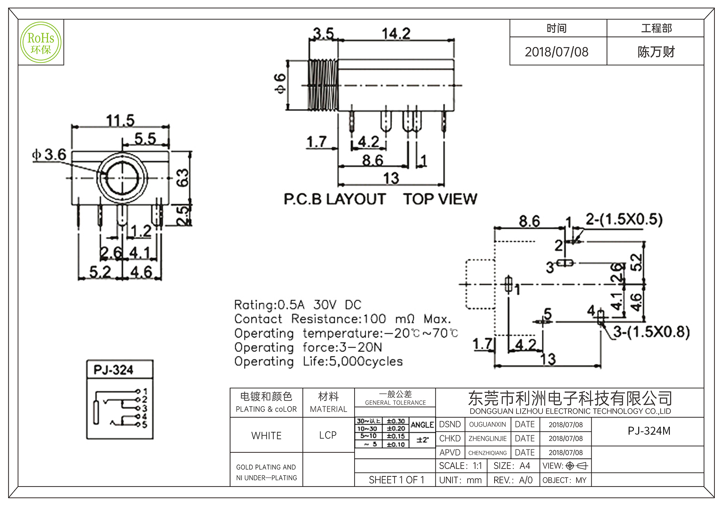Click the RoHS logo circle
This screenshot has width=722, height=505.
point(41,42)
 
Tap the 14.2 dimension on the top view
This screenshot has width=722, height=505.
point(396,34)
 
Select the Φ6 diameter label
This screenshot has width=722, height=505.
point(280,83)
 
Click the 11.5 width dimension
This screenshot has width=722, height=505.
point(120,120)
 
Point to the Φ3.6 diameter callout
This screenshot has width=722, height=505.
point(49,155)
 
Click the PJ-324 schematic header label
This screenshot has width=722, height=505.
point(113,370)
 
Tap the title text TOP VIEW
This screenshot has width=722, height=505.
point(440,199)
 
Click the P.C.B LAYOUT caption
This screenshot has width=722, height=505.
point(335,199)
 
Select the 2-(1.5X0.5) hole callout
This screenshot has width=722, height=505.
point(624,219)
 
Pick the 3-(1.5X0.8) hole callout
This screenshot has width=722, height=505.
point(651,332)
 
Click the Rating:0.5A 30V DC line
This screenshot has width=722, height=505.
point(297,305)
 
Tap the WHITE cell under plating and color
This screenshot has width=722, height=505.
point(266,436)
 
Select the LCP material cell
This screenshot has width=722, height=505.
point(328,435)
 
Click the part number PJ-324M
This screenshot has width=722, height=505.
point(649,431)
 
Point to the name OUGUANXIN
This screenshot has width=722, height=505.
point(487,425)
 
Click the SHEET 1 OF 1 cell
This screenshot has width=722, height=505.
point(396,480)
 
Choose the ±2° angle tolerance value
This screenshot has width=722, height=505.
point(422,440)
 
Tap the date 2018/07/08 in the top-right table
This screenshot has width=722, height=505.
point(556,52)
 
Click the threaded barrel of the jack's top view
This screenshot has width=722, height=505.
point(323,85)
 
